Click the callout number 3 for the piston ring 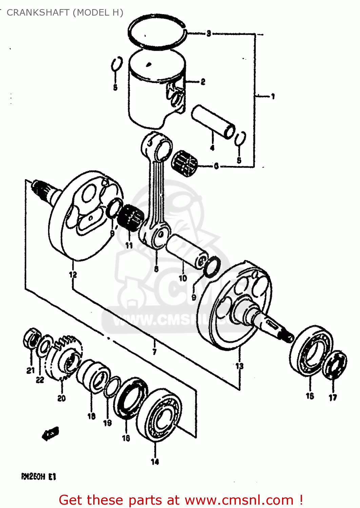209,33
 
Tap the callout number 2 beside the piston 203,82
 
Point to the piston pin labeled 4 213,121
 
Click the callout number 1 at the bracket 273,97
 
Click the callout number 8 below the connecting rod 156,269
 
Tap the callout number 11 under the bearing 129,245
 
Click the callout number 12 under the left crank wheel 73,275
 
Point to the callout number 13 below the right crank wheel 239,366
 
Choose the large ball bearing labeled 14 160,415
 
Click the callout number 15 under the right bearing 310,396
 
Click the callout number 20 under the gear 61,398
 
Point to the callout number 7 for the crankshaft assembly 154,352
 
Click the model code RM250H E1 39,477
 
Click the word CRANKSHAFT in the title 38,13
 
